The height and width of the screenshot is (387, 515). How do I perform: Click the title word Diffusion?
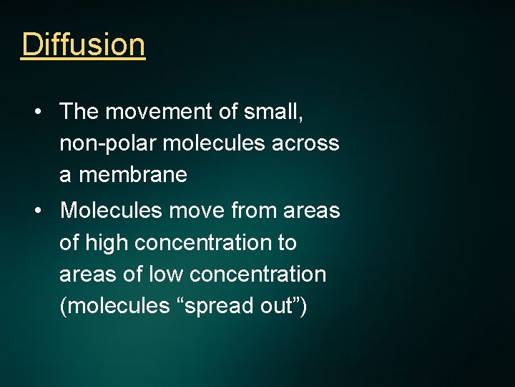tap(83, 44)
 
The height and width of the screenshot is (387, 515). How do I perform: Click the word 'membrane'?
tap(134, 175)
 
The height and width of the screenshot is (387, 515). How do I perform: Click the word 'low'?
tap(165, 274)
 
